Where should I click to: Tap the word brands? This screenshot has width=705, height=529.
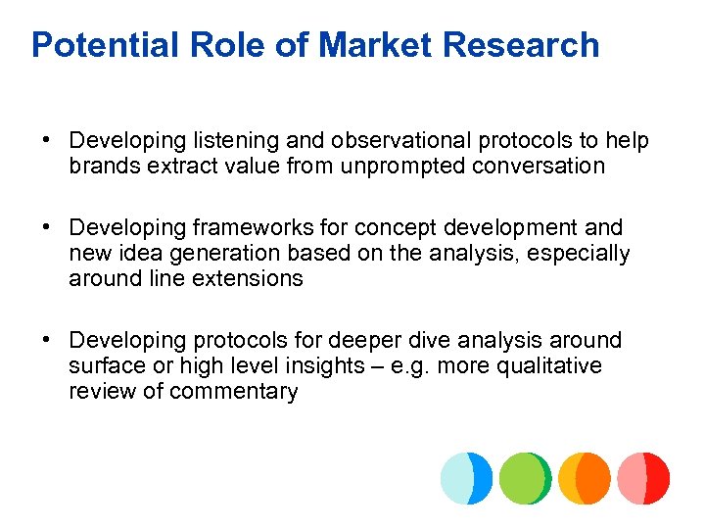point(105,167)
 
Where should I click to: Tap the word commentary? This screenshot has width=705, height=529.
point(234,392)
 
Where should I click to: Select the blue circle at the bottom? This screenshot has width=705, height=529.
point(466,478)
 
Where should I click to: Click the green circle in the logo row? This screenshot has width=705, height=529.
point(526,478)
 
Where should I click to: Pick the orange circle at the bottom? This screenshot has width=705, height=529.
point(585,478)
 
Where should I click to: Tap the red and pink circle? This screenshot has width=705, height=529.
point(643,478)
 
